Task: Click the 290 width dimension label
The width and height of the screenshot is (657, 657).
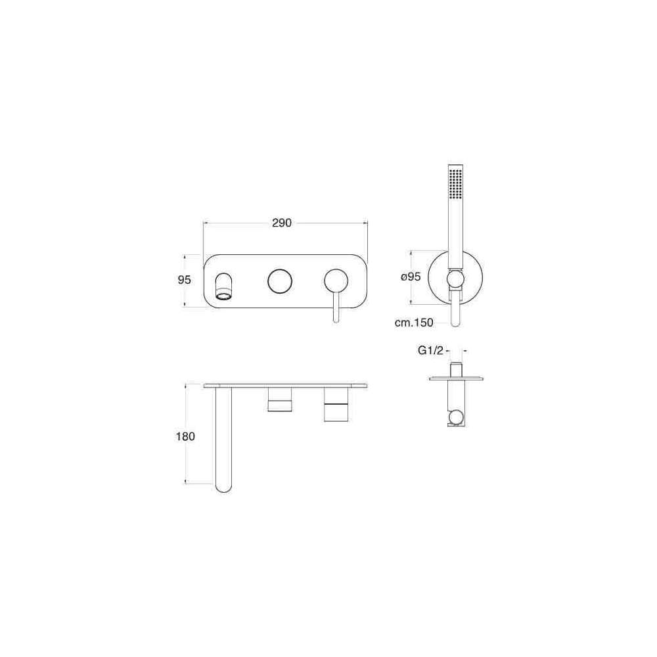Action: click(x=282, y=223)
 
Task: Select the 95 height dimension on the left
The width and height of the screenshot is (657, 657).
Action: click(x=185, y=279)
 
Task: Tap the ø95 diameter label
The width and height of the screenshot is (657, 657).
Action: click(x=411, y=277)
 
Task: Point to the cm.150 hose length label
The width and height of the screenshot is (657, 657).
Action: click(x=414, y=322)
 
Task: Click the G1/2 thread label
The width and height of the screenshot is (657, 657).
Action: click(x=430, y=350)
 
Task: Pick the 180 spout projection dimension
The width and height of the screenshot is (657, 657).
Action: click(x=185, y=437)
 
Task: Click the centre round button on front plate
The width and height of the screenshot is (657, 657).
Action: click(x=280, y=281)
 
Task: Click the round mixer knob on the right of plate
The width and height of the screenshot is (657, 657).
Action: click(x=336, y=280)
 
